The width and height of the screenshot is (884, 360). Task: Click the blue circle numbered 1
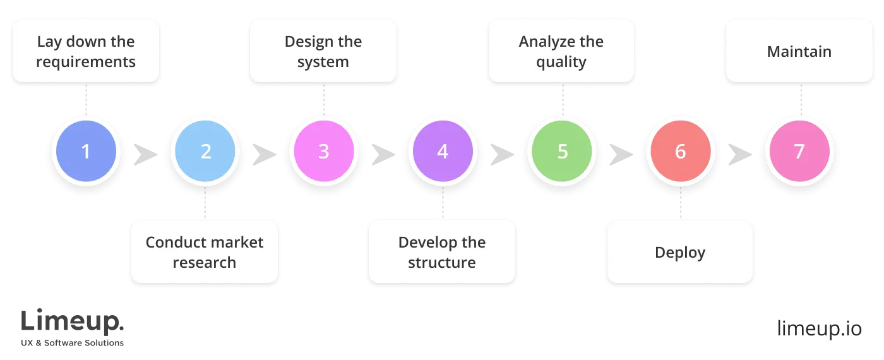86,152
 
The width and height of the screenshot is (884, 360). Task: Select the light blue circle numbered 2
205,152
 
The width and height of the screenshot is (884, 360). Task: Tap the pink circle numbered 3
323,152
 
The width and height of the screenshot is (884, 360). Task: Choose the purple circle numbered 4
442,152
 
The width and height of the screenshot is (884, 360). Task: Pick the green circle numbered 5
561,152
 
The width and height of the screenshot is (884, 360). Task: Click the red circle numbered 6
680,152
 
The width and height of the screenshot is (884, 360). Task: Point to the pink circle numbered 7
799,152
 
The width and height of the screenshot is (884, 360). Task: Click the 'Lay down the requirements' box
86,51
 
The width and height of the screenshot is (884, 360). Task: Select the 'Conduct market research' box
205,251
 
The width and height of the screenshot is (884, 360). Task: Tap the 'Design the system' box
323,51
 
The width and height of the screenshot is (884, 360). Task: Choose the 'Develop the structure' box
442,251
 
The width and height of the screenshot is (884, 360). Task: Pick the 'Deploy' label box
680,251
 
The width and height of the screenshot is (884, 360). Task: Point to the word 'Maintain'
799,51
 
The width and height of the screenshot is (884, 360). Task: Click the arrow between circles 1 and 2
145,153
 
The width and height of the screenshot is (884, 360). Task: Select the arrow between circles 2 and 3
264,153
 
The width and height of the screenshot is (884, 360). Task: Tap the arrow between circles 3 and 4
383,153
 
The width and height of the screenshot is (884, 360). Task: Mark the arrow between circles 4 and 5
502,153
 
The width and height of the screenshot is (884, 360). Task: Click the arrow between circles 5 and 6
621,153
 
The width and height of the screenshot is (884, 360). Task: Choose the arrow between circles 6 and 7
739,153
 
